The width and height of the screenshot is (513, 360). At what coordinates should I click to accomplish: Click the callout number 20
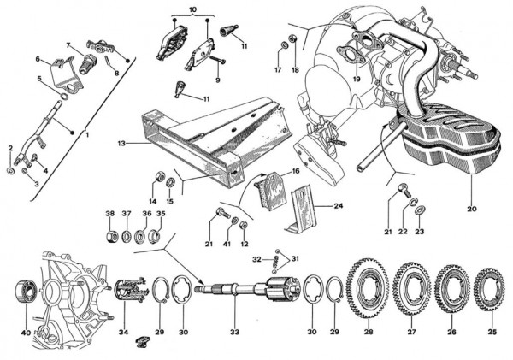point(470,207)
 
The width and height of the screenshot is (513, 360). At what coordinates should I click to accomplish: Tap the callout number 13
point(122,143)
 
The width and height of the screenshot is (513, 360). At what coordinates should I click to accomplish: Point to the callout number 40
point(26,332)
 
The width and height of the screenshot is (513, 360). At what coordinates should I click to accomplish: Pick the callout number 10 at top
point(192,9)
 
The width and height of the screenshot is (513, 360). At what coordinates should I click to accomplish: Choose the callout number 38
point(109,213)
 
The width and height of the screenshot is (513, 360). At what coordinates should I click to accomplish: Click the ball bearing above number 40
point(25,290)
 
